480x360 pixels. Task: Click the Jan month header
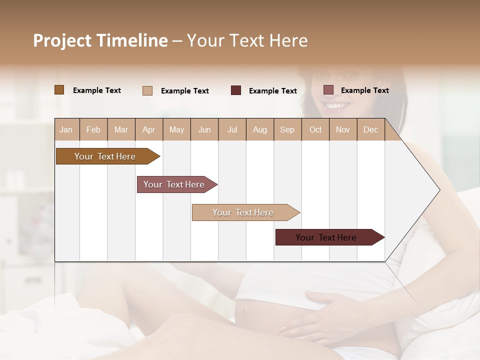click(66, 129)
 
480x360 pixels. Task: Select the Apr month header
click(148, 129)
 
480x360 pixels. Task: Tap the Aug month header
click(259, 129)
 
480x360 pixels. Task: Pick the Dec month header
click(370, 129)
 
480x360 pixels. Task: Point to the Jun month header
click(204, 129)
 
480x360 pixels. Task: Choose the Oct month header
click(315, 129)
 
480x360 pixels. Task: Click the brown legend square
click(59, 90)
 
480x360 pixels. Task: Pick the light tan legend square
click(147, 90)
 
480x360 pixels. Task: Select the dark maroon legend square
click(235, 90)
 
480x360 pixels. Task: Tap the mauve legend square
click(328, 90)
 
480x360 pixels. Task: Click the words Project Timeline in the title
click(100, 40)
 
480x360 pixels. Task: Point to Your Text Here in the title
click(247, 40)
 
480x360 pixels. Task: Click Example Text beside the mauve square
click(364, 90)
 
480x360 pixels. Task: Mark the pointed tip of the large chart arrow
click(439, 190)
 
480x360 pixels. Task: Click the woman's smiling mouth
click(335, 106)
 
